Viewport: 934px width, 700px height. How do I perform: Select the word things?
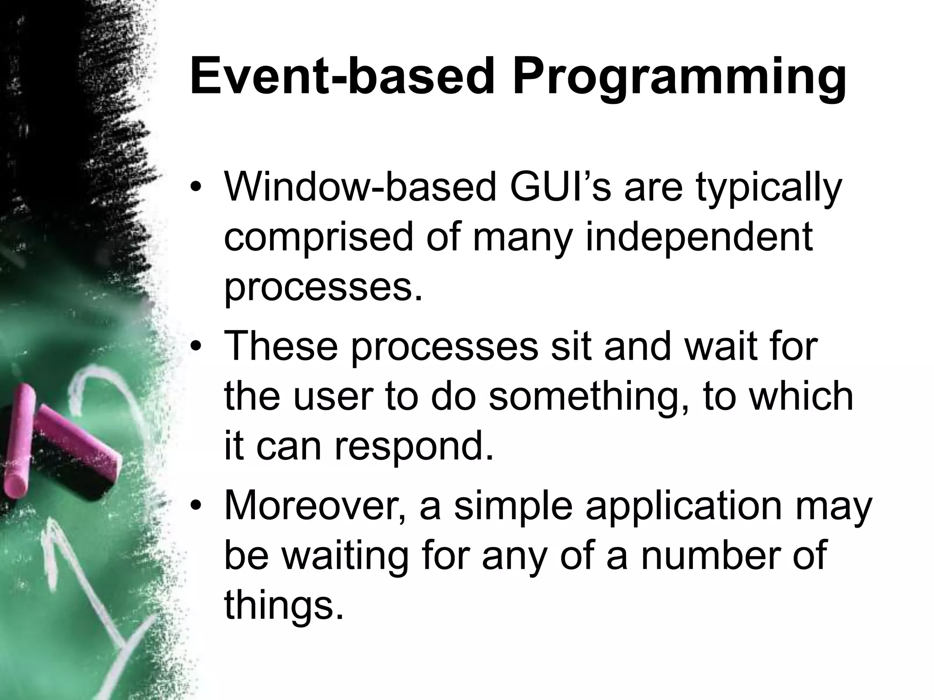(283, 607)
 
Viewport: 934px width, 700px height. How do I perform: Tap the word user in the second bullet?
(333, 397)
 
